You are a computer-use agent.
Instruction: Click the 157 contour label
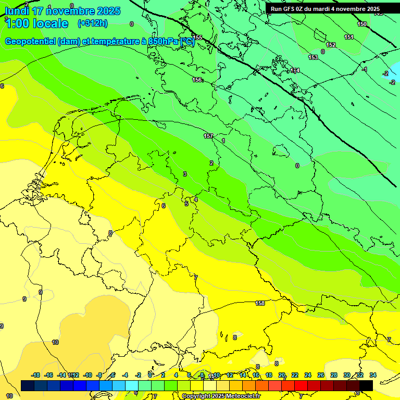[208, 136]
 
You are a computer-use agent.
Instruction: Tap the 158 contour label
[260, 303]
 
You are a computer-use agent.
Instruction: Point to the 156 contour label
[197, 80]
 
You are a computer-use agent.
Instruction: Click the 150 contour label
[362, 24]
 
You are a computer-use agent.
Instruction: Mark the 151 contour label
[349, 37]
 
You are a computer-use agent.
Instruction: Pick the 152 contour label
[331, 45]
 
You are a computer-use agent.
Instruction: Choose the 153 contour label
[313, 57]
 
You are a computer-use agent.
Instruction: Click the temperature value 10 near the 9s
[55, 342]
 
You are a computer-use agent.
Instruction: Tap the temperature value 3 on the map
[184, 174]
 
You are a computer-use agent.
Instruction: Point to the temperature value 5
[186, 204]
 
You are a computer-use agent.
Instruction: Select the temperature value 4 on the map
[196, 199]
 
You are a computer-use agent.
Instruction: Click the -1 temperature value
[365, 69]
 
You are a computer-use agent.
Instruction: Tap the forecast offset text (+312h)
[92, 23]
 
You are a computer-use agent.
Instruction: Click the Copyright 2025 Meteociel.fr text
[224, 396]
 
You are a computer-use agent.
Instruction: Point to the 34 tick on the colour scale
[373, 375]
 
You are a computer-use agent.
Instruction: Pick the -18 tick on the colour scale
[36, 375]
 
